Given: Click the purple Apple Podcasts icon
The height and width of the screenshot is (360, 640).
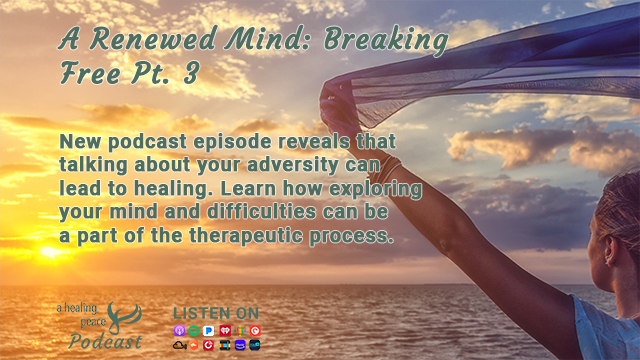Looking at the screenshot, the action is click(x=180, y=330).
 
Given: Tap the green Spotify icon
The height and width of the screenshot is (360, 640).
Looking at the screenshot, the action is click(x=194, y=330).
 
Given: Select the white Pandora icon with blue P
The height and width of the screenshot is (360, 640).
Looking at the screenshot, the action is click(x=209, y=330).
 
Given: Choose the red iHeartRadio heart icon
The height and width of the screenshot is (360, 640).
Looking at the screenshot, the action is click(x=225, y=330).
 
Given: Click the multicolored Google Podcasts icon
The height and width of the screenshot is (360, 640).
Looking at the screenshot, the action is click(x=240, y=330).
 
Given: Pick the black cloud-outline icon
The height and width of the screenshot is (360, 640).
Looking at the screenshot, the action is click(x=180, y=345).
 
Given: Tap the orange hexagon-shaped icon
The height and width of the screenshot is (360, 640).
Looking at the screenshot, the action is click(x=194, y=345).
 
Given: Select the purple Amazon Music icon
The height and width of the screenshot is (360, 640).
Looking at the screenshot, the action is click(x=240, y=345).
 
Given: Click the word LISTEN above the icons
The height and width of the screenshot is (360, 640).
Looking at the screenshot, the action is click(x=196, y=313).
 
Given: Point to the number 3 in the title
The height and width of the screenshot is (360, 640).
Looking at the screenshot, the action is click(x=191, y=73).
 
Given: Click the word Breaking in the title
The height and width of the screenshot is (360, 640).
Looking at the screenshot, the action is click(x=386, y=41).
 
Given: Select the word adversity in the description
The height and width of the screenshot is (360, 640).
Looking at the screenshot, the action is click(x=292, y=165).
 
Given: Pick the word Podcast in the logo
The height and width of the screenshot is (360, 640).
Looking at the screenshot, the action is click(x=105, y=341).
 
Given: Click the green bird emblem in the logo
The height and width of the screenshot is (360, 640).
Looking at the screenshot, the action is click(x=123, y=317).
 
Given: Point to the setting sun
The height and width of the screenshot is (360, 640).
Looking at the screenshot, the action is click(x=51, y=252).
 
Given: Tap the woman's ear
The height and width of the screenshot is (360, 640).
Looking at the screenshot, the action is click(x=610, y=250).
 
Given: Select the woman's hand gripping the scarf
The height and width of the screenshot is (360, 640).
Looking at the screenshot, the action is click(x=338, y=107).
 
